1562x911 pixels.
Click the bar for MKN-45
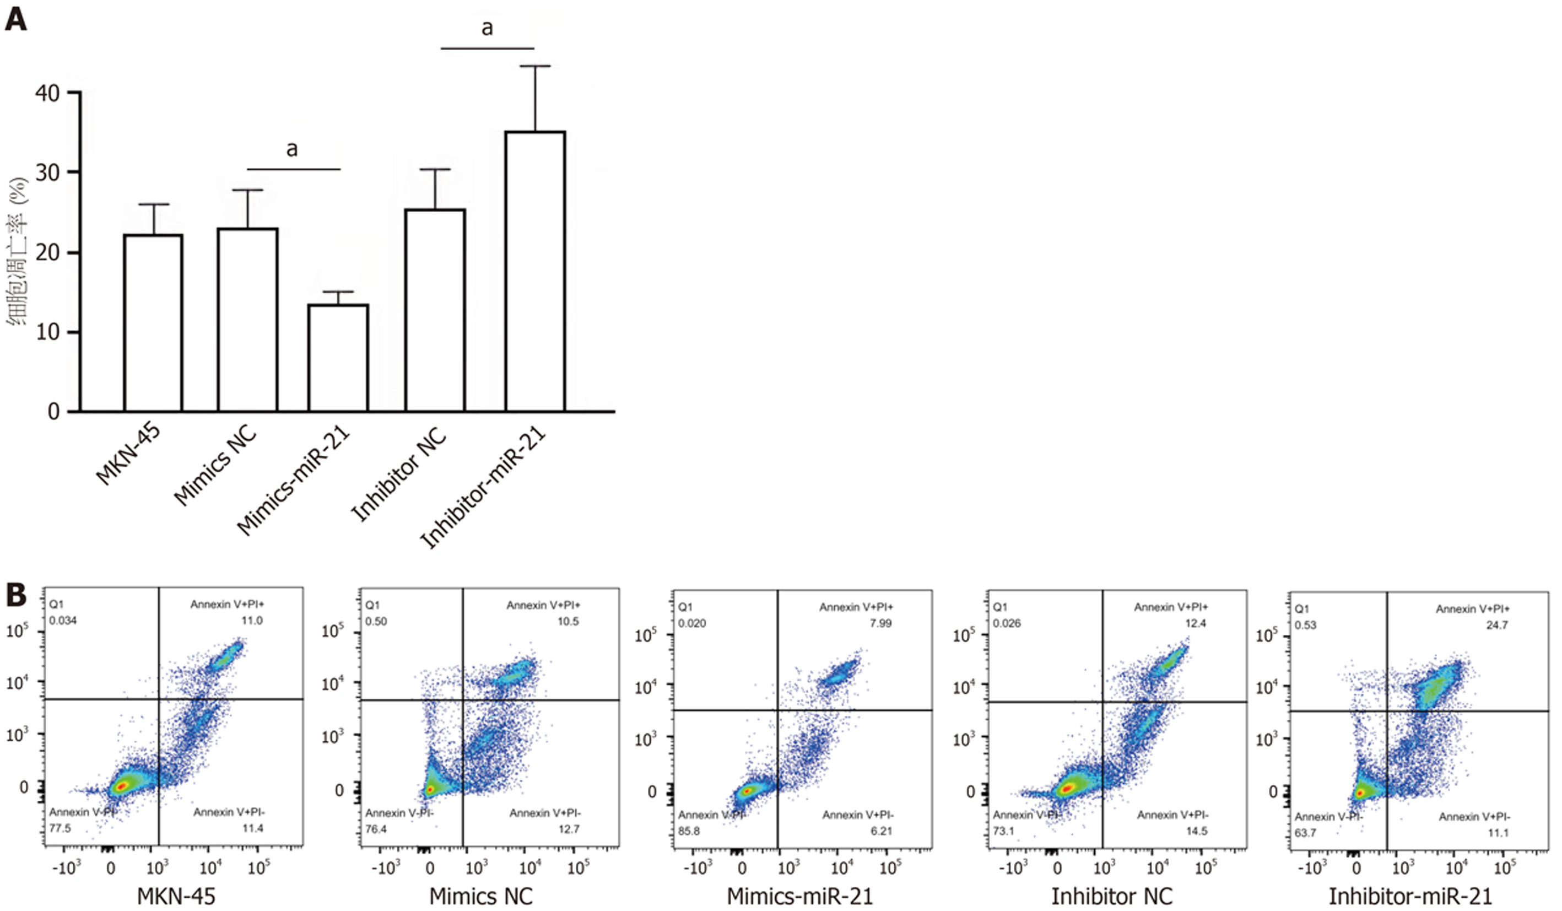pos(153,322)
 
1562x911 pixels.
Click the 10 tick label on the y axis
pos(48,332)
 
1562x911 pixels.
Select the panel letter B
pos(16,594)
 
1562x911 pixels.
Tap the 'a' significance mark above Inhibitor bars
pos(487,28)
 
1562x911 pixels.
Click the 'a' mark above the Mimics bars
pos(292,149)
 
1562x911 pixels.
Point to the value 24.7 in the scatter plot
pos(1496,625)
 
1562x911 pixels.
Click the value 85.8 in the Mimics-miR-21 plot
pos(689,831)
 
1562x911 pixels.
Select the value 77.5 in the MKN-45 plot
pos(60,828)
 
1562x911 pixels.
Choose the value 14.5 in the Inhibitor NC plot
pos(1196,831)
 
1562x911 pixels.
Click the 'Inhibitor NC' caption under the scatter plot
pos(1111,896)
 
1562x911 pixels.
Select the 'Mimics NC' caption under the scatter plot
pos(481,896)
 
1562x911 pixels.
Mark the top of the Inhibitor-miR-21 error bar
pos(535,66)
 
